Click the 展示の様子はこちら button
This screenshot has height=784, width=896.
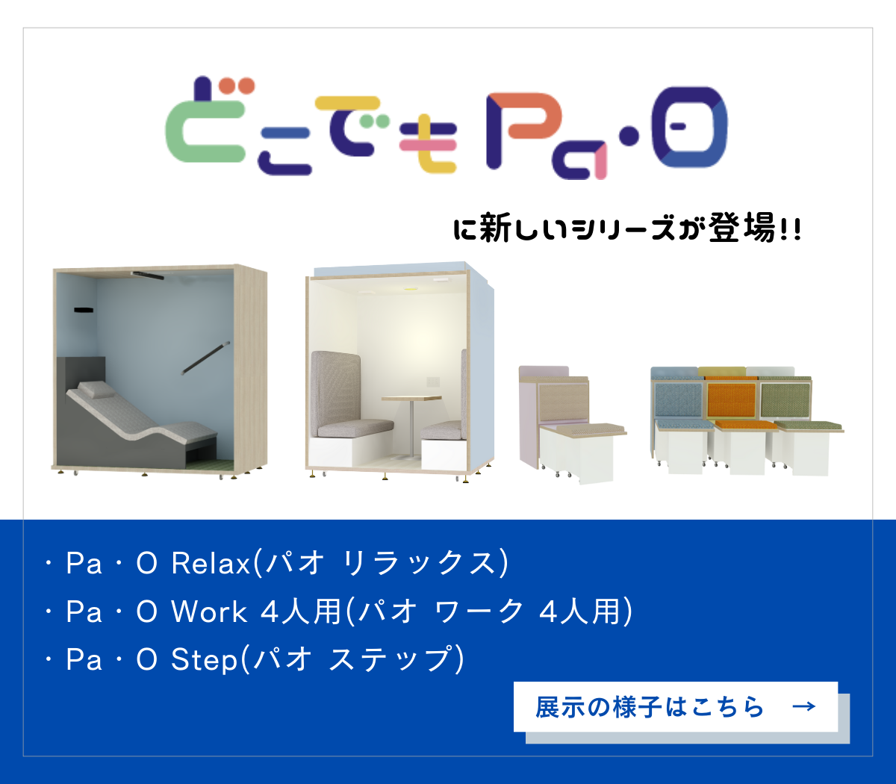pyautogui.click(x=675, y=706)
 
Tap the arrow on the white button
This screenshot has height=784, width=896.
pyautogui.click(x=804, y=706)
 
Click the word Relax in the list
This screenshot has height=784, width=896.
pyautogui.click(x=211, y=563)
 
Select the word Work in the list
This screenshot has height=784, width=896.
pyautogui.click(x=209, y=612)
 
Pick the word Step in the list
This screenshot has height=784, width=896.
pyautogui.click(x=204, y=660)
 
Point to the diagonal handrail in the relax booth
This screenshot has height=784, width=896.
pyautogui.click(x=205, y=358)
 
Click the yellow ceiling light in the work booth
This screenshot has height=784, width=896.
pyautogui.click(x=411, y=289)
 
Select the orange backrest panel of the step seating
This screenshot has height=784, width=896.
pyautogui.click(x=732, y=400)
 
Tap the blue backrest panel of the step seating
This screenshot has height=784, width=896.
pyautogui.click(x=679, y=400)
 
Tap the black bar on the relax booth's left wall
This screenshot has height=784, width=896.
pyautogui.click(x=83, y=310)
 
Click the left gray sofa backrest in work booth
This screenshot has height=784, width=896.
pyautogui.click(x=335, y=385)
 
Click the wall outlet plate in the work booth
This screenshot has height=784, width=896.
pyautogui.click(x=433, y=382)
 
